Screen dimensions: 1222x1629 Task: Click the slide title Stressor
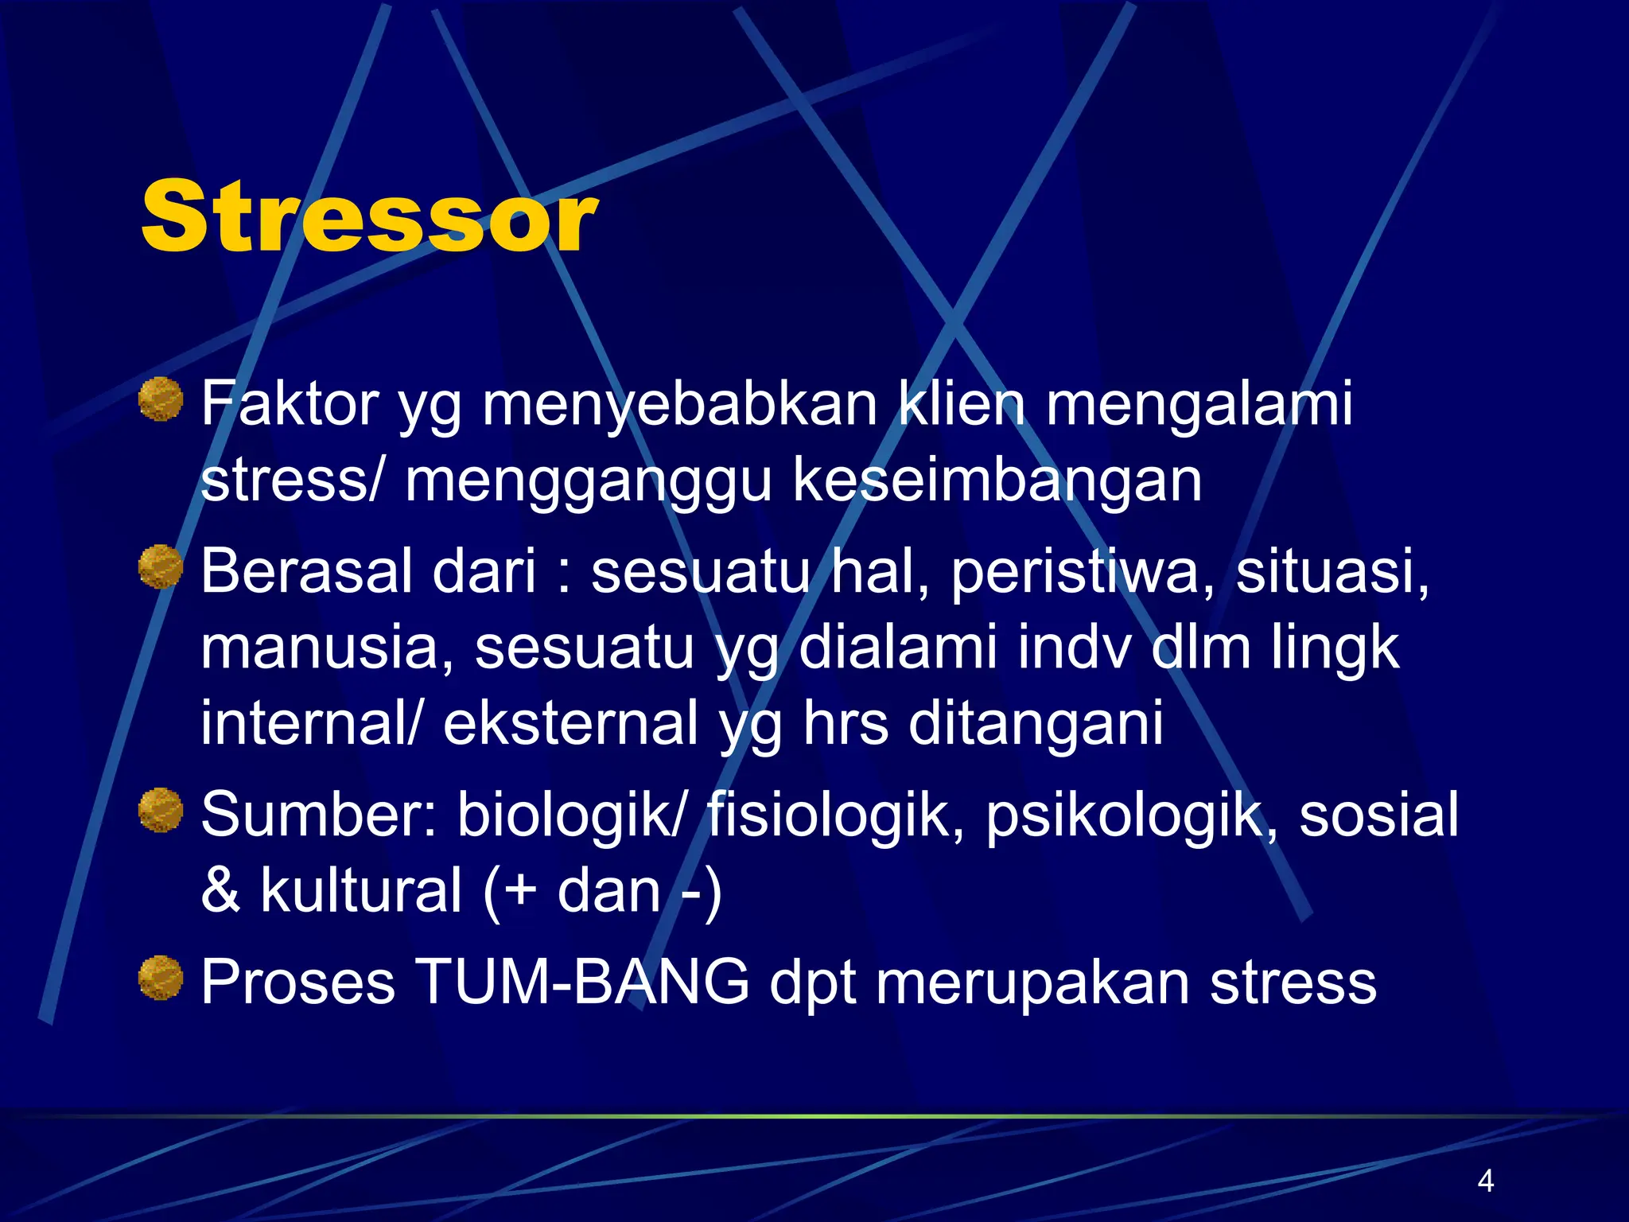point(369,217)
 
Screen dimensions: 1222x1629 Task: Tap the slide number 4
point(1485,1181)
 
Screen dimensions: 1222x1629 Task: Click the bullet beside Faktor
point(161,399)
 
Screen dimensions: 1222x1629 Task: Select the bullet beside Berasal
point(161,566)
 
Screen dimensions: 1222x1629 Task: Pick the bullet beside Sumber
point(161,810)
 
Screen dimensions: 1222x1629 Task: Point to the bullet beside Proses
point(161,978)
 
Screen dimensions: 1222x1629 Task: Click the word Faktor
point(290,404)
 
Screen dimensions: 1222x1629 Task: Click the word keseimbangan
point(997,482)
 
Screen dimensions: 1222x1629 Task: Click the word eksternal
point(570,724)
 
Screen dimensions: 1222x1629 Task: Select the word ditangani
point(1036,724)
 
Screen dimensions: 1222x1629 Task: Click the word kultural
point(361,891)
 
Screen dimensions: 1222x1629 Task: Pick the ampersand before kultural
point(220,891)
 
